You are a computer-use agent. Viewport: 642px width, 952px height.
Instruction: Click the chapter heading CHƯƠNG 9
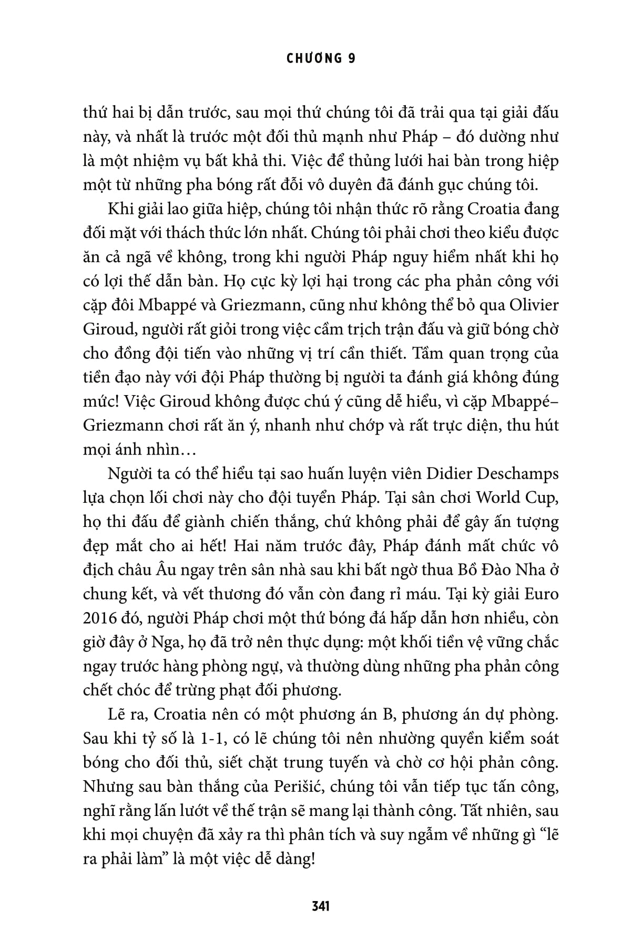pos(321,59)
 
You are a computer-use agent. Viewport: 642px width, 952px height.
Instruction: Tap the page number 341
pos(321,906)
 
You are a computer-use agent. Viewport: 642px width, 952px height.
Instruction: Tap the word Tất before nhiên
pos(472,811)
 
